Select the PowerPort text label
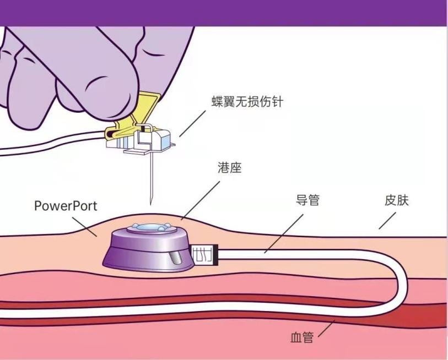pyautogui.click(x=66, y=206)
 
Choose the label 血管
pyautogui.click(x=301, y=337)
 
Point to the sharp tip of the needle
pyautogui.click(x=149, y=203)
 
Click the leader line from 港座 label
pyautogui.click(x=198, y=201)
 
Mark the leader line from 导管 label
pyautogui.click(x=283, y=233)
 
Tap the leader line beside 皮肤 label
pyautogui.click(x=388, y=220)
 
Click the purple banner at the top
pyautogui.click(x=224, y=12)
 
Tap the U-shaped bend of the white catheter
pyautogui.click(x=400, y=286)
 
